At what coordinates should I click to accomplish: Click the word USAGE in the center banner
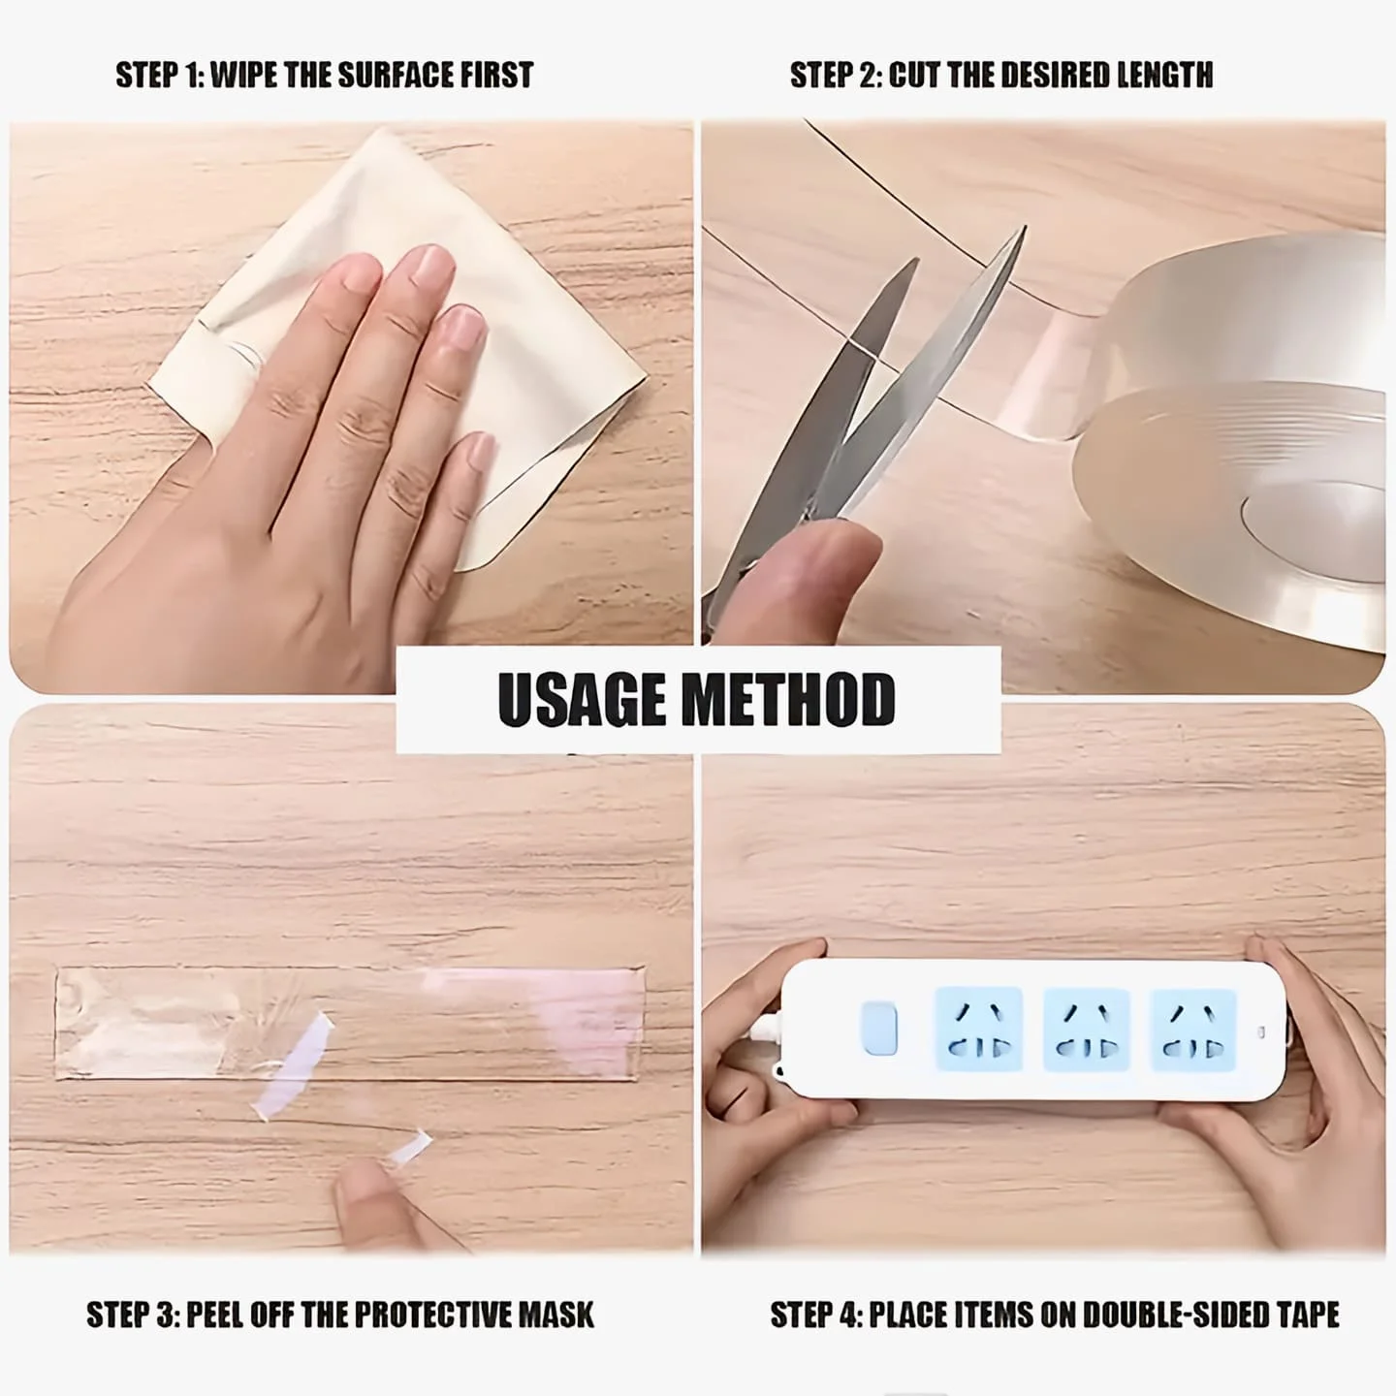point(581,699)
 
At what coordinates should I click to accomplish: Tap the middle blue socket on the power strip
point(1086,1029)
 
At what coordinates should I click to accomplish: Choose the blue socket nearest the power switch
point(979,1029)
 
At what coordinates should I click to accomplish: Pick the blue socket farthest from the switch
point(1193,1030)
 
